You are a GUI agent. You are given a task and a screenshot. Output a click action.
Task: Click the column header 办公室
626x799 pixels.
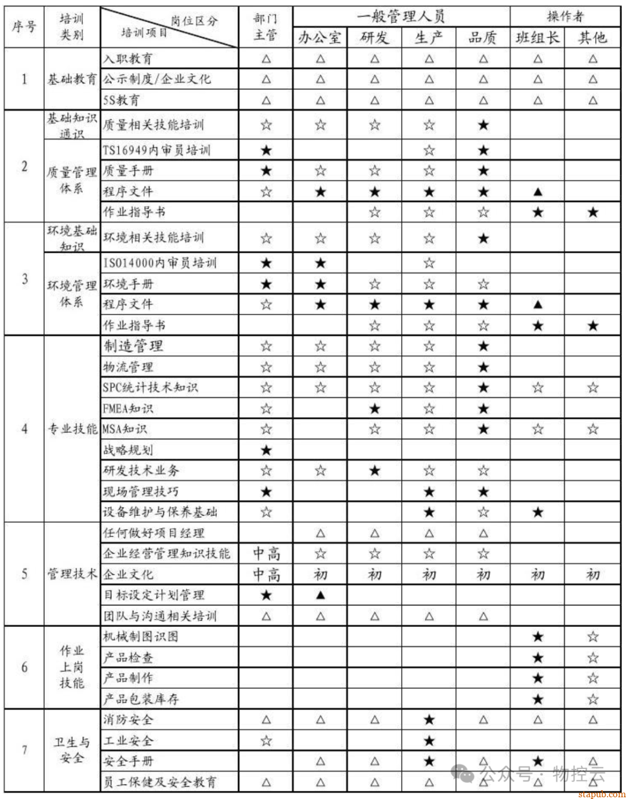point(320,38)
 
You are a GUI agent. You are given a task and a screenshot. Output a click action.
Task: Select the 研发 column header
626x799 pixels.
point(374,38)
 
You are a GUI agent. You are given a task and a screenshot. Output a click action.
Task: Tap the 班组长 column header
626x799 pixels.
point(537,38)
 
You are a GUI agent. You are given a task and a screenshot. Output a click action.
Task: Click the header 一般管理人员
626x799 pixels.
point(401,16)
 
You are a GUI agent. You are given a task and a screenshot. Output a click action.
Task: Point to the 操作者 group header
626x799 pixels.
point(565,16)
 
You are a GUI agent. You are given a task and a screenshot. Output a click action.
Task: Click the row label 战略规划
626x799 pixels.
point(128,450)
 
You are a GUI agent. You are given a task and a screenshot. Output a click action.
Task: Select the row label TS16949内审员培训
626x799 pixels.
point(156,151)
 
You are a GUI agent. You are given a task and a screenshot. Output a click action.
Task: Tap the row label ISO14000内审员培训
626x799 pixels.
point(159,263)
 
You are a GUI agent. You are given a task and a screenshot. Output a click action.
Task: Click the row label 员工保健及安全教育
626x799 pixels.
point(160,782)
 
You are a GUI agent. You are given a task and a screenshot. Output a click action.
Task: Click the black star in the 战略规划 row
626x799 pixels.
point(266,450)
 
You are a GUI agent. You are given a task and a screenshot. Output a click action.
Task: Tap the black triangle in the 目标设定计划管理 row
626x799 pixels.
point(321,595)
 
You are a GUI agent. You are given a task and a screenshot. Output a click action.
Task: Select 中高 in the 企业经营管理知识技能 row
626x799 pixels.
point(266,554)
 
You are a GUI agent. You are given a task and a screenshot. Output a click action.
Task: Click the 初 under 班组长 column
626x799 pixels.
point(538,575)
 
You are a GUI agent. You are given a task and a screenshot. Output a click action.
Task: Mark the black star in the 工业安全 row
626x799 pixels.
point(429,740)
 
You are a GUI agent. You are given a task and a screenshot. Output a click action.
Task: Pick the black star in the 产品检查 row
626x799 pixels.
point(538,658)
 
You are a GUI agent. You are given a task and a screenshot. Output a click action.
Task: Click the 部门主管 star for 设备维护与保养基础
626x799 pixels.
point(266,512)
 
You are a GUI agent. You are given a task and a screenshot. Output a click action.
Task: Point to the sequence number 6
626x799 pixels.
point(24,667)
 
